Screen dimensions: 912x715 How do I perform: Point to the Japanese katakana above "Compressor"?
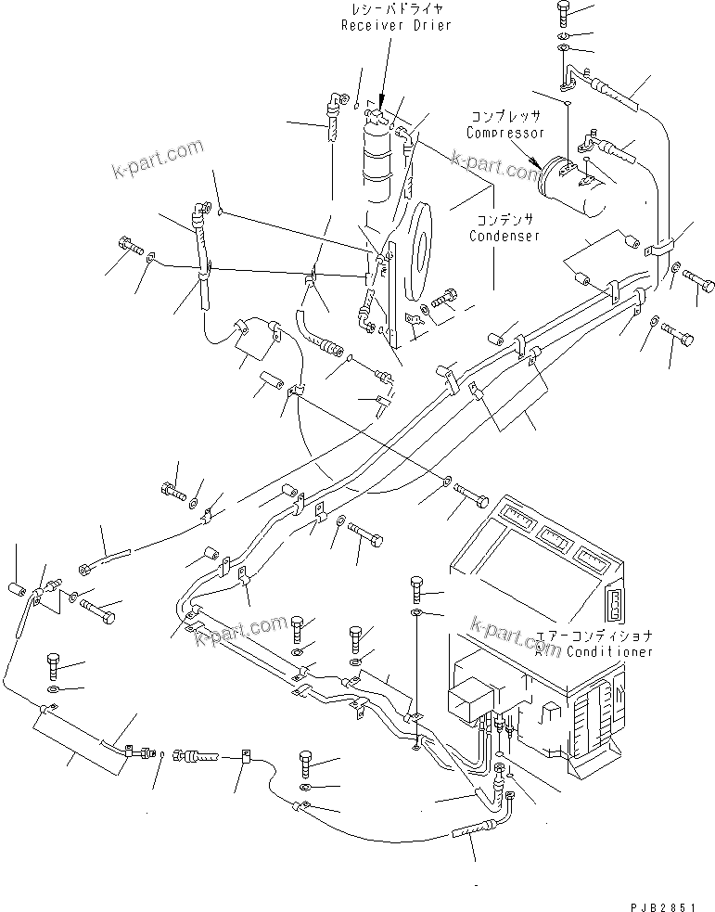click(x=505, y=118)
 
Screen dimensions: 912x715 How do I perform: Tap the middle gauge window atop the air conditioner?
click(x=553, y=537)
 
